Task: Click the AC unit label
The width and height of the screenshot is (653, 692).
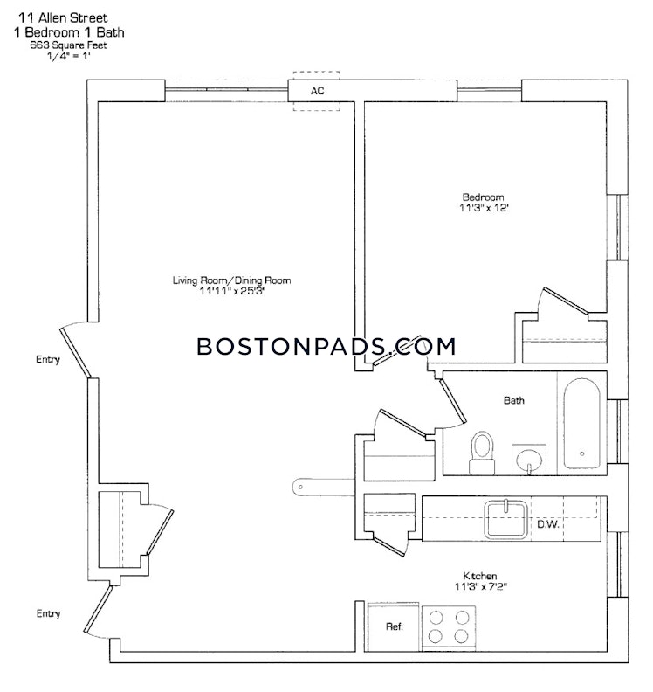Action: pyautogui.click(x=318, y=91)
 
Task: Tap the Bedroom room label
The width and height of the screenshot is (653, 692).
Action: pyautogui.click(x=483, y=197)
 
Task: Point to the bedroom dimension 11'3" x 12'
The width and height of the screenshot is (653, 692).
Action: pyautogui.click(x=484, y=208)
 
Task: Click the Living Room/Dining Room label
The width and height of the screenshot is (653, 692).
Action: pyautogui.click(x=231, y=280)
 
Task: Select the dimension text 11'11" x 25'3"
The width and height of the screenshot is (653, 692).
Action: pyautogui.click(x=232, y=291)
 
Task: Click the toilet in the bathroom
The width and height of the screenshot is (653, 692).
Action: pyautogui.click(x=482, y=453)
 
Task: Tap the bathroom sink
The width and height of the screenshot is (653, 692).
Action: pyautogui.click(x=529, y=460)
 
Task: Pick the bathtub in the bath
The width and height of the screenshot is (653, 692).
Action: pyautogui.click(x=582, y=424)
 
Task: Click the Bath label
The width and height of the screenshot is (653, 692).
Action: pyautogui.click(x=513, y=400)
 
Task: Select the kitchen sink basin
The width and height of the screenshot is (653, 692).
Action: pyautogui.click(x=505, y=520)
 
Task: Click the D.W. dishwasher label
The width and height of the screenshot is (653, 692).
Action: pyautogui.click(x=547, y=524)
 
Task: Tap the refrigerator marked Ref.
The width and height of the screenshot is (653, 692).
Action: pyautogui.click(x=394, y=626)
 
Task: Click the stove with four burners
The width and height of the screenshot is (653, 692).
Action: pyautogui.click(x=449, y=627)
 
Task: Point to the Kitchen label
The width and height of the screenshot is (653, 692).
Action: pyautogui.click(x=480, y=576)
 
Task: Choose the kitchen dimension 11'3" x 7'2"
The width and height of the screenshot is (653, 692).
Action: pyautogui.click(x=481, y=586)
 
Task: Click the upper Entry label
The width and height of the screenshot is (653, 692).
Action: pyautogui.click(x=48, y=359)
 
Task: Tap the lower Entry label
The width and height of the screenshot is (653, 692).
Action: pyautogui.click(x=48, y=613)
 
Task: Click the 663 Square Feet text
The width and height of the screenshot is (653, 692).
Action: pyautogui.click(x=68, y=45)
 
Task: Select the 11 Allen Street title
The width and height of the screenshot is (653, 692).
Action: pyautogui.click(x=63, y=18)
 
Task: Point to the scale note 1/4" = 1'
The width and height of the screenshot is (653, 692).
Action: pyautogui.click(x=68, y=56)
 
